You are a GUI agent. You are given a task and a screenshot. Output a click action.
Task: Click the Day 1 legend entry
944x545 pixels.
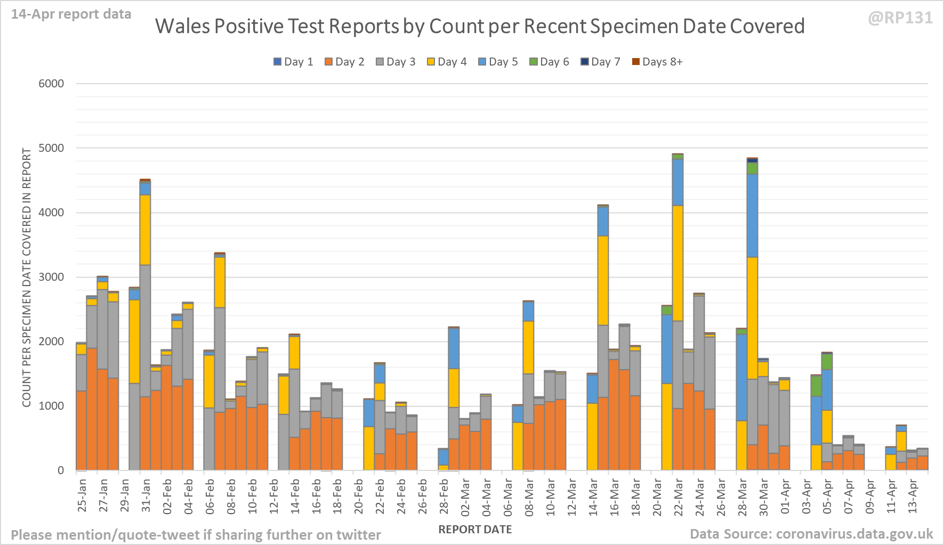[293, 62]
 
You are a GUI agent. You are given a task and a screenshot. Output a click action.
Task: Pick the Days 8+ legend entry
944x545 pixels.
[657, 62]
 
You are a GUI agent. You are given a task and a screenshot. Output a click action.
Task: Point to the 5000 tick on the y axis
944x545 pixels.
[51, 148]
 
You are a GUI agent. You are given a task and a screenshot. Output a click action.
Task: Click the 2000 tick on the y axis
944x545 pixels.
[51, 341]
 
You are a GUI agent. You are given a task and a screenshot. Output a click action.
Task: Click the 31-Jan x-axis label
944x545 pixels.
[146, 496]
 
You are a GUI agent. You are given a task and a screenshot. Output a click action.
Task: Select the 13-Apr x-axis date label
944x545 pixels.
[912, 496]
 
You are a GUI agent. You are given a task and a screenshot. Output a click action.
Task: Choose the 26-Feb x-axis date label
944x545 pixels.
[422, 496]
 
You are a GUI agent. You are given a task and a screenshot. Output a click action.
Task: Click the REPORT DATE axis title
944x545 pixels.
[475, 530]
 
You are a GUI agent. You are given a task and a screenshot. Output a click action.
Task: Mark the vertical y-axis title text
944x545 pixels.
[27, 277]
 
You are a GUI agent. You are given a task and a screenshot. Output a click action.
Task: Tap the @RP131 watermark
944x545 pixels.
[900, 18]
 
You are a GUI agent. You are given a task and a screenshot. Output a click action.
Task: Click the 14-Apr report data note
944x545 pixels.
[71, 14]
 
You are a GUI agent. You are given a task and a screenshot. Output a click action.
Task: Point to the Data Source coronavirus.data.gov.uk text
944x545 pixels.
[811, 534]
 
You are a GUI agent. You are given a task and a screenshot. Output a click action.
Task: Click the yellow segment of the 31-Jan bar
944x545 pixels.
[145, 229]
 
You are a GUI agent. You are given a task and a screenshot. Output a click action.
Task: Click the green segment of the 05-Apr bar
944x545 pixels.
[827, 362]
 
